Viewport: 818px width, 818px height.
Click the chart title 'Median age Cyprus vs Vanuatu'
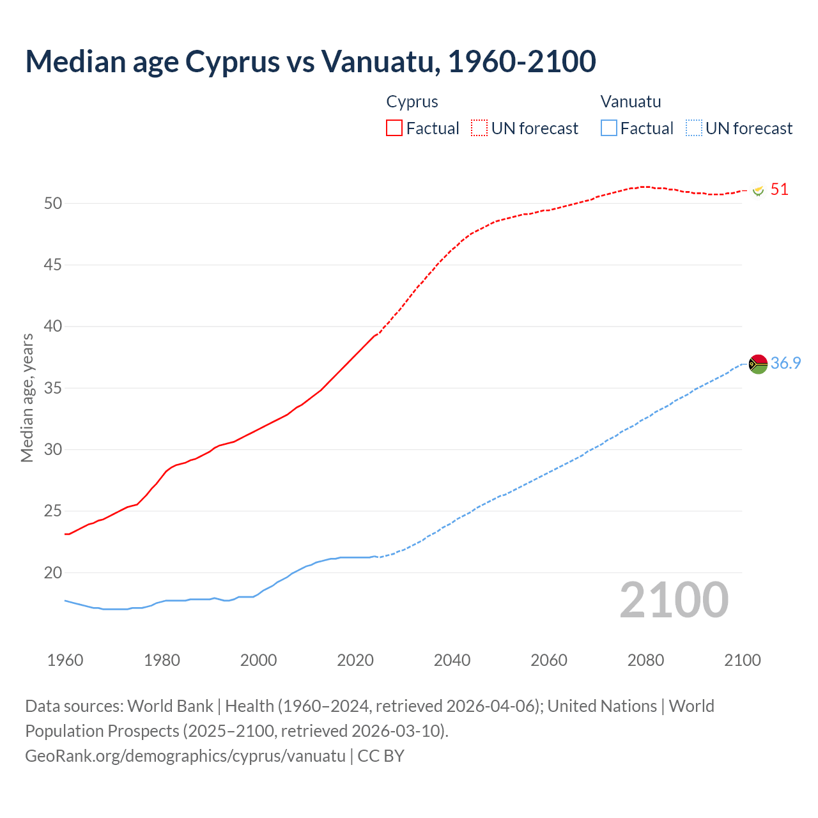tap(311, 61)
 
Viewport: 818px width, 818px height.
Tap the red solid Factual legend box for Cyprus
tap(394, 128)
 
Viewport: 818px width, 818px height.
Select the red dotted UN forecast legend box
tap(479, 128)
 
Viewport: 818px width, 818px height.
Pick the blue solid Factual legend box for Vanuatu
tap(609, 128)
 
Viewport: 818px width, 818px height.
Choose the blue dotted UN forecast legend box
tap(694, 128)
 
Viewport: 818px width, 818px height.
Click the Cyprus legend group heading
tap(412, 102)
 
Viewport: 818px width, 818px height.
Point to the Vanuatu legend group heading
tap(631, 102)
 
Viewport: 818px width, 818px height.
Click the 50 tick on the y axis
tap(53, 203)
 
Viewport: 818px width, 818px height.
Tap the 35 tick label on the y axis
tap(53, 388)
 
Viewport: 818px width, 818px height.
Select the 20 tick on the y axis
tap(53, 573)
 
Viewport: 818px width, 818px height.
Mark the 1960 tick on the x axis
tap(65, 660)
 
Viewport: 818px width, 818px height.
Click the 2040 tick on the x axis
tap(452, 660)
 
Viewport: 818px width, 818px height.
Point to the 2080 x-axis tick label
tap(645, 660)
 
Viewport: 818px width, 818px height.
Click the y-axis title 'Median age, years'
tap(27, 397)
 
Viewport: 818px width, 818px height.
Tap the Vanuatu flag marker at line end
tap(758, 364)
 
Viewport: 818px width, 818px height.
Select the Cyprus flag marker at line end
tap(759, 190)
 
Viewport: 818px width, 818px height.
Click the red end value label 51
tap(780, 189)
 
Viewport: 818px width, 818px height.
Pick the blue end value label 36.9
tap(785, 363)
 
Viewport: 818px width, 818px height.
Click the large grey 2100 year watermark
tap(674, 599)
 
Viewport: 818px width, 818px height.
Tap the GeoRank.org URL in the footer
tap(185, 755)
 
